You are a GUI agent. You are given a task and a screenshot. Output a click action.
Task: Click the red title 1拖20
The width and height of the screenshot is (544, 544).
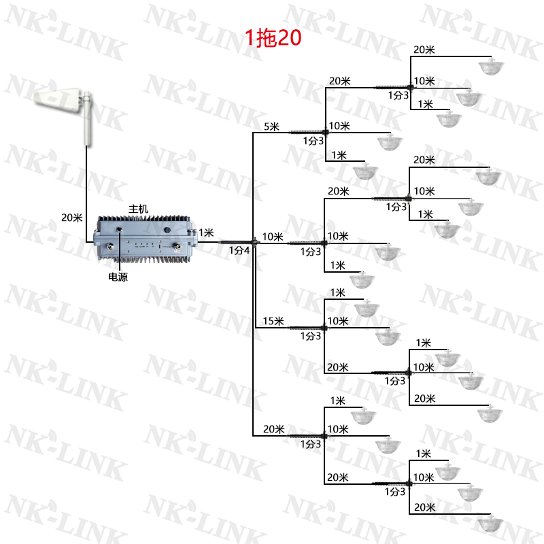(x=273, y=38)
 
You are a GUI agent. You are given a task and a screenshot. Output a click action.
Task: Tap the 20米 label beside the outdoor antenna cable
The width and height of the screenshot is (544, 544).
(x=71, y=218)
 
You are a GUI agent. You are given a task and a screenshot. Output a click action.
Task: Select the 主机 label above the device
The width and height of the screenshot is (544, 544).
(x=138, y=209)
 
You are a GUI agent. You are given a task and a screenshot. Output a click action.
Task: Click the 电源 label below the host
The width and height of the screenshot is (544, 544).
(x=118, y=277)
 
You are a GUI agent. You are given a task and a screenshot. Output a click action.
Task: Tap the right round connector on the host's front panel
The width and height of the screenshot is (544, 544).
(x=180, y=248)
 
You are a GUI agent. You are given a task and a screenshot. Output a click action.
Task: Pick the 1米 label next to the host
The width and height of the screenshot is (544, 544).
(x=206, y=233)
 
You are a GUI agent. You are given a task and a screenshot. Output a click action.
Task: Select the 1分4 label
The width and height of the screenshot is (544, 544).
(x=239, y=250)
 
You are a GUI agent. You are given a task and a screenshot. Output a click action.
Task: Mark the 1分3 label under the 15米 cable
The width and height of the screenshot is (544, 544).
(x=311, y=336)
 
